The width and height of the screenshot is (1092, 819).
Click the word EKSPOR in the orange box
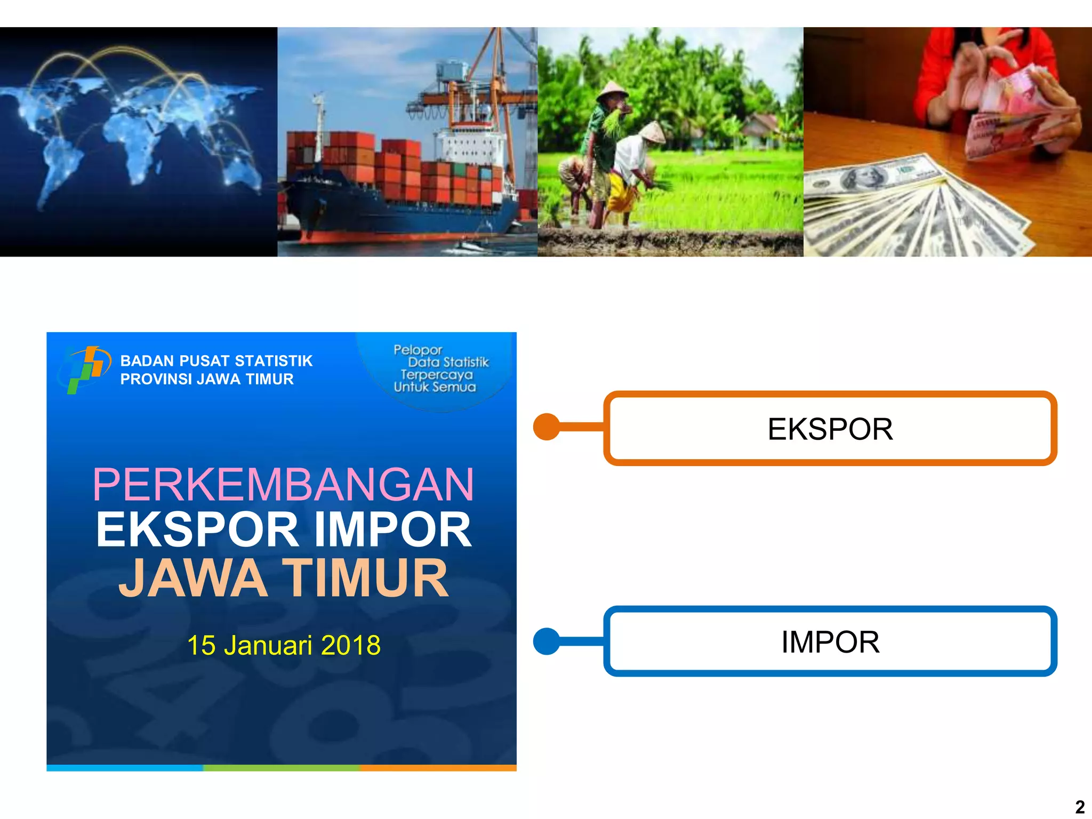pyautogui.click(x=830, y=429)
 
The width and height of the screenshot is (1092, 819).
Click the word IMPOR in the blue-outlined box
pyautogui.click(x=830, y=642)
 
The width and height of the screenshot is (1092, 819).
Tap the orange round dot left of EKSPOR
pyautogui.click(x=547, y=427)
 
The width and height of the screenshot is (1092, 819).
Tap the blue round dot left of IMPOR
pyautogui.click(x=547, y=641)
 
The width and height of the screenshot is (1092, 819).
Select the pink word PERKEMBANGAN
pyautogui.click(x=283, y=485)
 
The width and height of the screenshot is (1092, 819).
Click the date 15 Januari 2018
pyautogui.click(x=284, y=645)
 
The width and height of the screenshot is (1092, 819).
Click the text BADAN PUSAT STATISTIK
pyautogui.click(x=216, y=361)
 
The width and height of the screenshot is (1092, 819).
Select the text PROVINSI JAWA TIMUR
pyautogui.click(x=207, y=379)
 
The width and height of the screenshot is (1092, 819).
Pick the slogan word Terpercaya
pyautogui.click(x=436, y=375)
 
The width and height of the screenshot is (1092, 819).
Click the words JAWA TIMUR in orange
pyautogui.click(x=283, y=578)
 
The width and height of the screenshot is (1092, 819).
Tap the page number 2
pyautogui.click(x=1080, y=807)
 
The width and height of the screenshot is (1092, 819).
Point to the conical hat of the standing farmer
pyautogui.click(x=612, y=91)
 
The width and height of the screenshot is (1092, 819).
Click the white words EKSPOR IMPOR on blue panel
pyautogui.click(x=283, y=530)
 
